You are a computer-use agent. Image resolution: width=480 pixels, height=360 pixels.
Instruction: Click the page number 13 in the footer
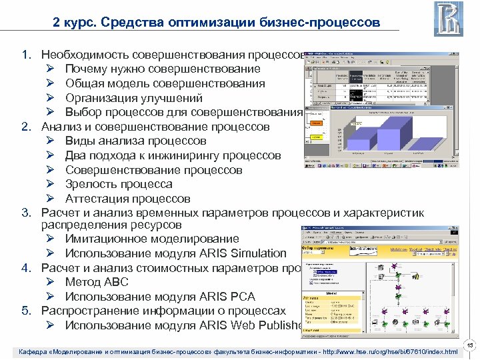[469, 345]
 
